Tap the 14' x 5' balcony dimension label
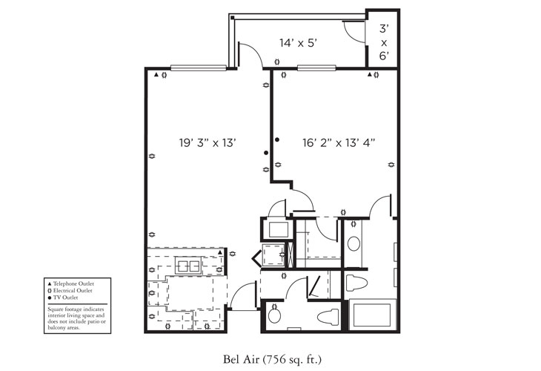[x=299, y=43]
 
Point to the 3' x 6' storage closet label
[x=384, y=43]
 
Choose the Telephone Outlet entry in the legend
[x=77, y=284]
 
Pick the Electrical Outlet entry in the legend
[x=77, y=291]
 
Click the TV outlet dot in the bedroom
[x=276, y=139]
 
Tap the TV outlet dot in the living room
[x=267, y=153]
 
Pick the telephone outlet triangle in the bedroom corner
[x=369, y=75]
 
